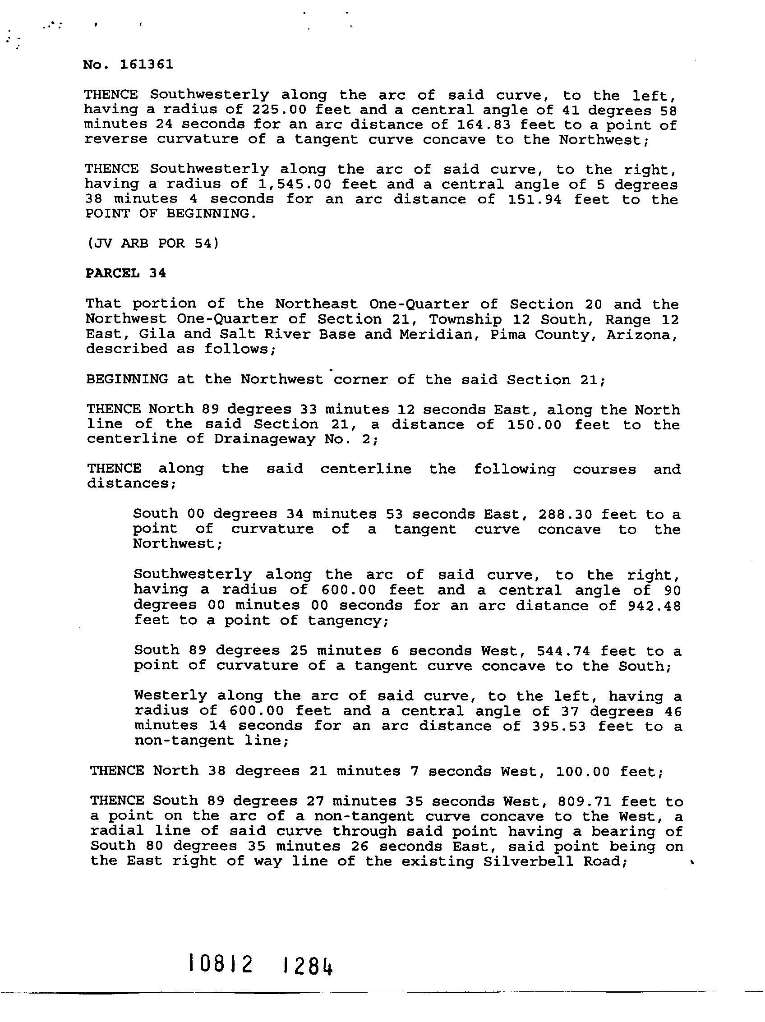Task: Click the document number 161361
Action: click(147, 64)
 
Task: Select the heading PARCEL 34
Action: click(126, 273)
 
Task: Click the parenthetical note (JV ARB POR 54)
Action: click(152, 243)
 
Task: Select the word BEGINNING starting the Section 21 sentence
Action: click(127, 379)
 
